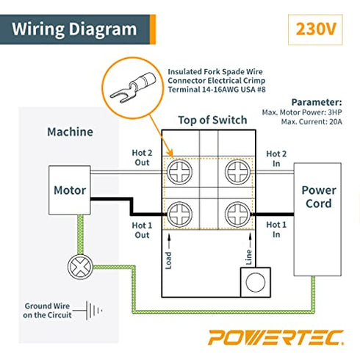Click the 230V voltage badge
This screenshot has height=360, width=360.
pos(315,30)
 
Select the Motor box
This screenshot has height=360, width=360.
pos(69,190)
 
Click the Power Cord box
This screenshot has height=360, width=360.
pos(318,195)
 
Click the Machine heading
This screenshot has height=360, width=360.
pos(70,132)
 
